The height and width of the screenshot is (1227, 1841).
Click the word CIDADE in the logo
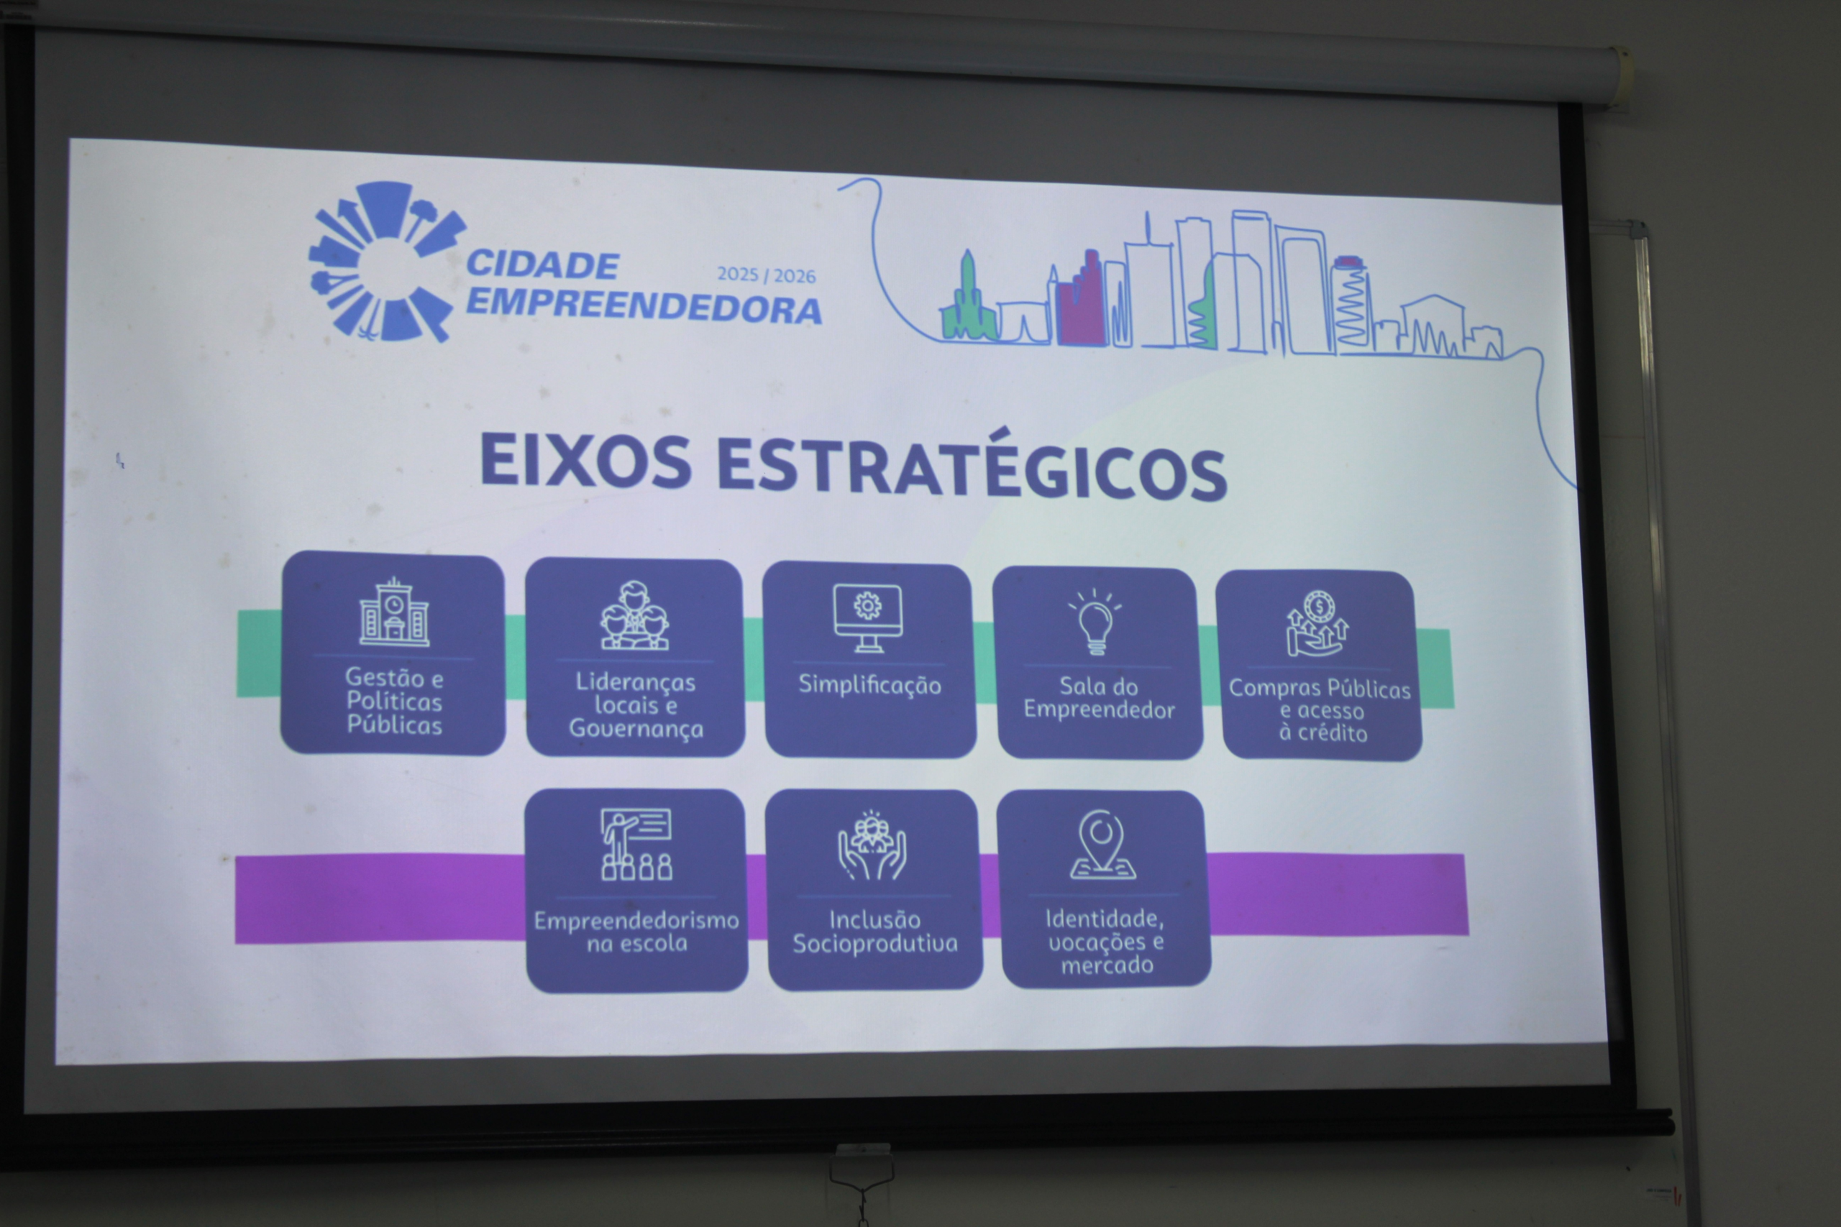[x=542, y=265]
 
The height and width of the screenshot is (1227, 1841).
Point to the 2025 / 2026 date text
[x=767, y=275]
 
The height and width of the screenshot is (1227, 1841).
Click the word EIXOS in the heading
[x=585, y=460]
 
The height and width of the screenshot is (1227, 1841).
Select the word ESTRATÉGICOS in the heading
[x=972, y=467]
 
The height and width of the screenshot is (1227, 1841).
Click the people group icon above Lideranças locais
[x=635, y=615]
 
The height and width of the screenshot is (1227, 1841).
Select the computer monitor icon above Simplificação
[x=867, y=617]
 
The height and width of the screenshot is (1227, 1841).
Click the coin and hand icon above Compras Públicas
[x=1318, y=624]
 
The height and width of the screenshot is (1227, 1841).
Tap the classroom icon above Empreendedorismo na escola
[x=636, y=845]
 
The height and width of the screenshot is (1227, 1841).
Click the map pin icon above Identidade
[x=1102, y=845]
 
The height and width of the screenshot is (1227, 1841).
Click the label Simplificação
[x=869, y=686]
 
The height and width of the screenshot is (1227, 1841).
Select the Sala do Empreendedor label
[x=1099, y=698]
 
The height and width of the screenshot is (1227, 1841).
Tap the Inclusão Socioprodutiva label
[x=875, y=931]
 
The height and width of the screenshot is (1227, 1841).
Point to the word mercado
[x=1107, y=965]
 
